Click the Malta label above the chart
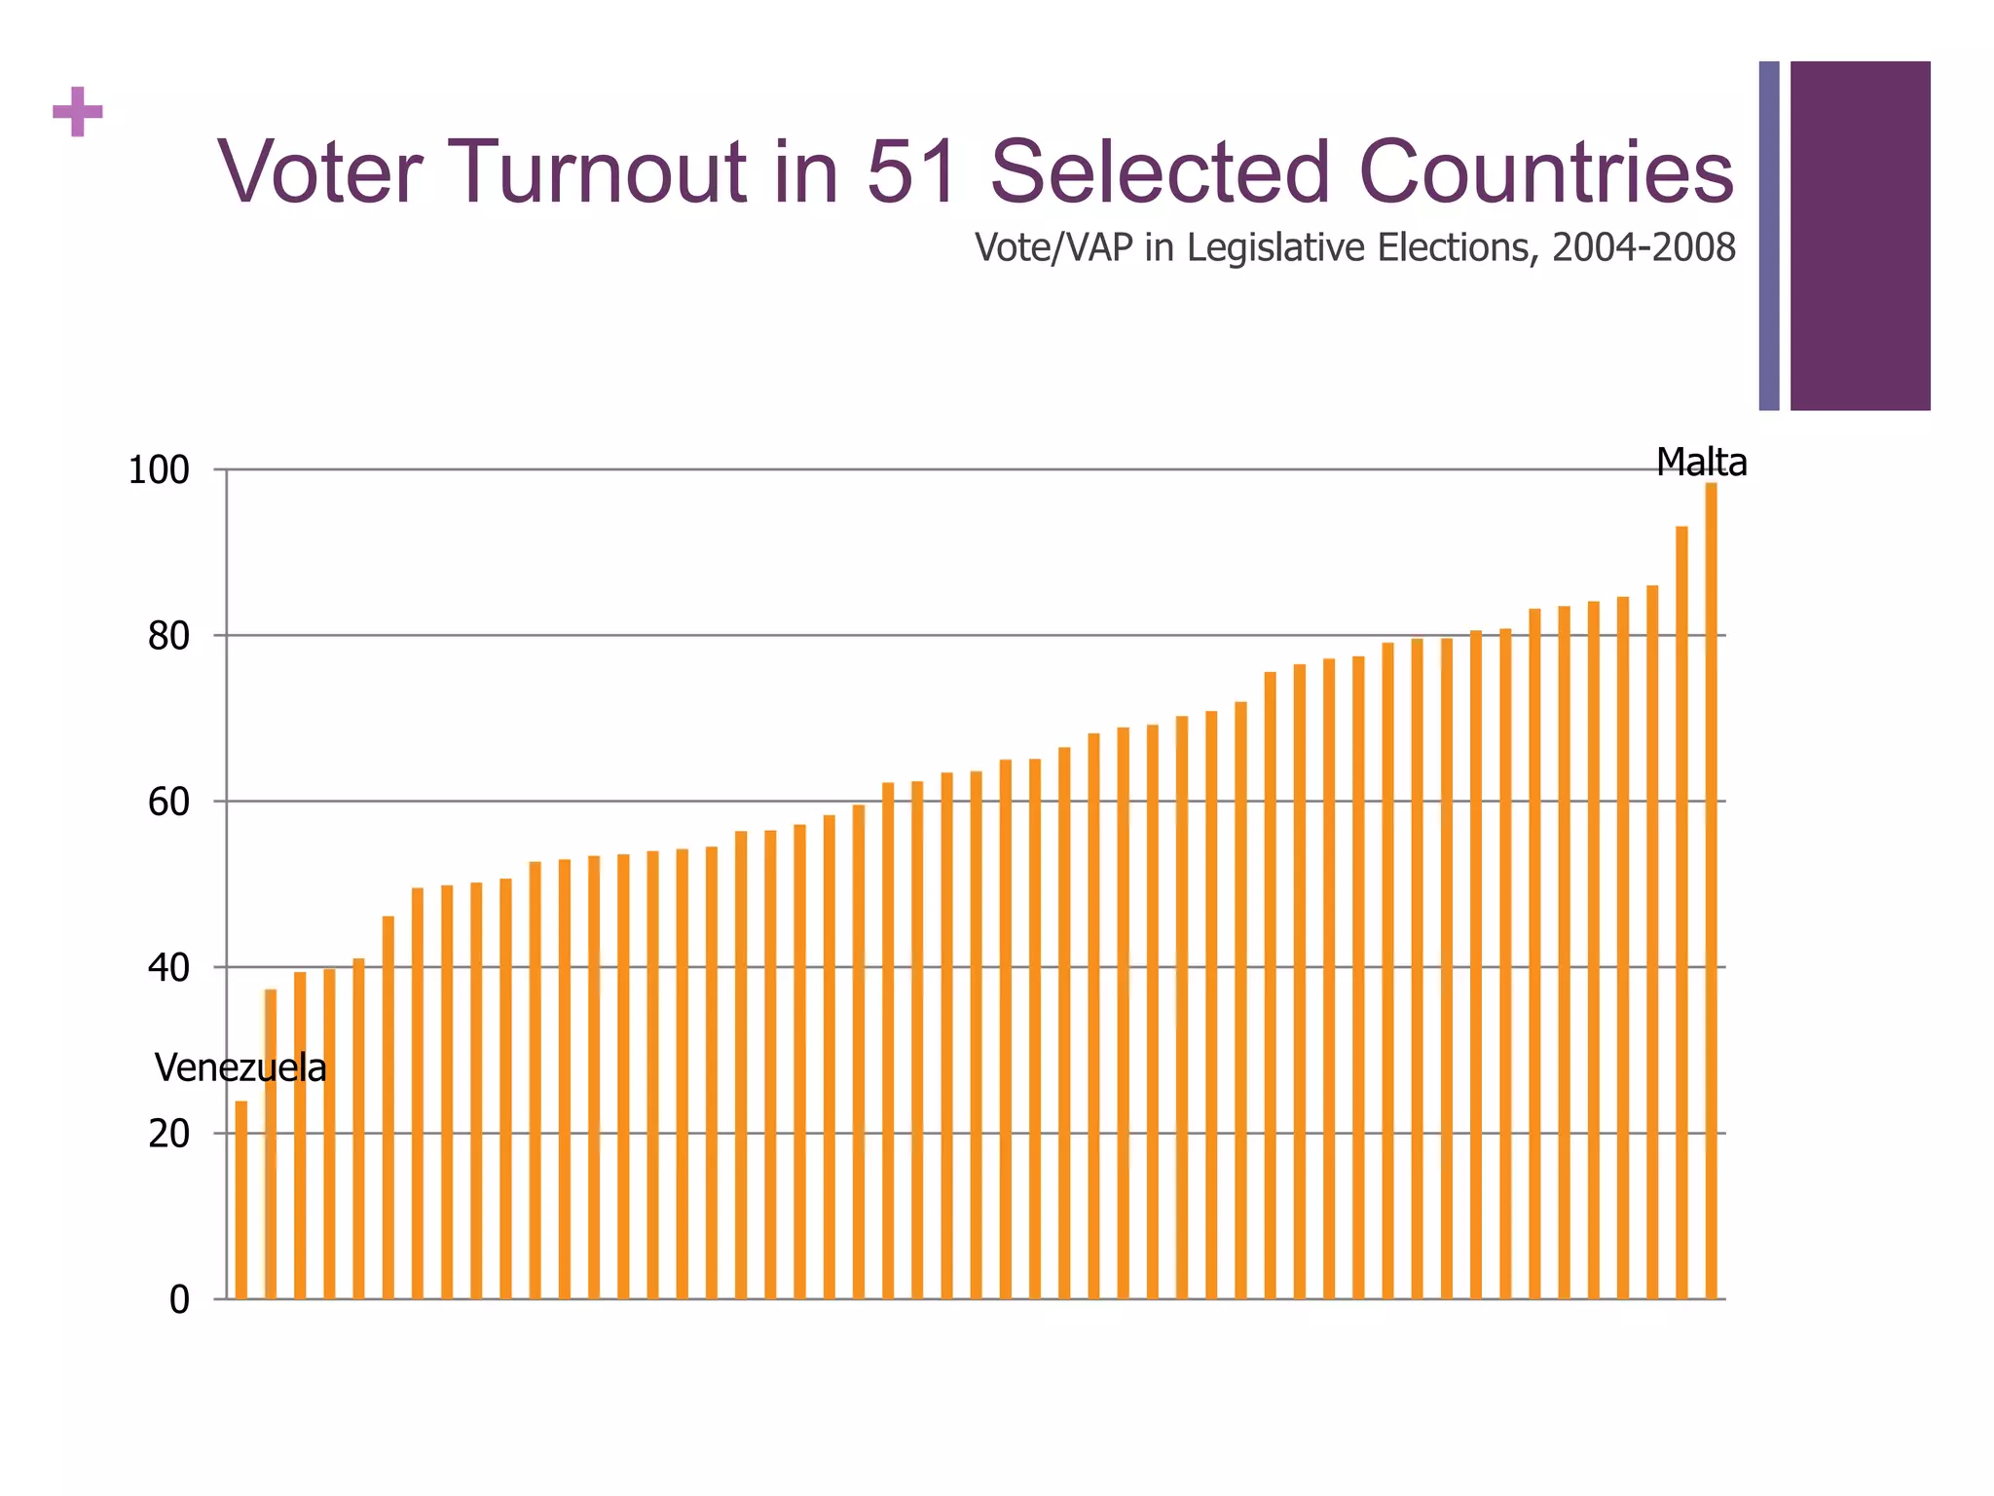point(1701,463)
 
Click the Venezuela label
point(240,1068)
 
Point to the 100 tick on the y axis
point(159,470)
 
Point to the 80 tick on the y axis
point(168,637)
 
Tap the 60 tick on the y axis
point(168,803)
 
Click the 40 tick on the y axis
point(168,968)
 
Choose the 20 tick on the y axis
point(168,1134)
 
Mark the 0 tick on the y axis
point(179,1300)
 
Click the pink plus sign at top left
point(78,112)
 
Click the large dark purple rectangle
point(1860,236)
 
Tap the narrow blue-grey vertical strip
point(1769,236)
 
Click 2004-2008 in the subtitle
point(1643,248)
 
